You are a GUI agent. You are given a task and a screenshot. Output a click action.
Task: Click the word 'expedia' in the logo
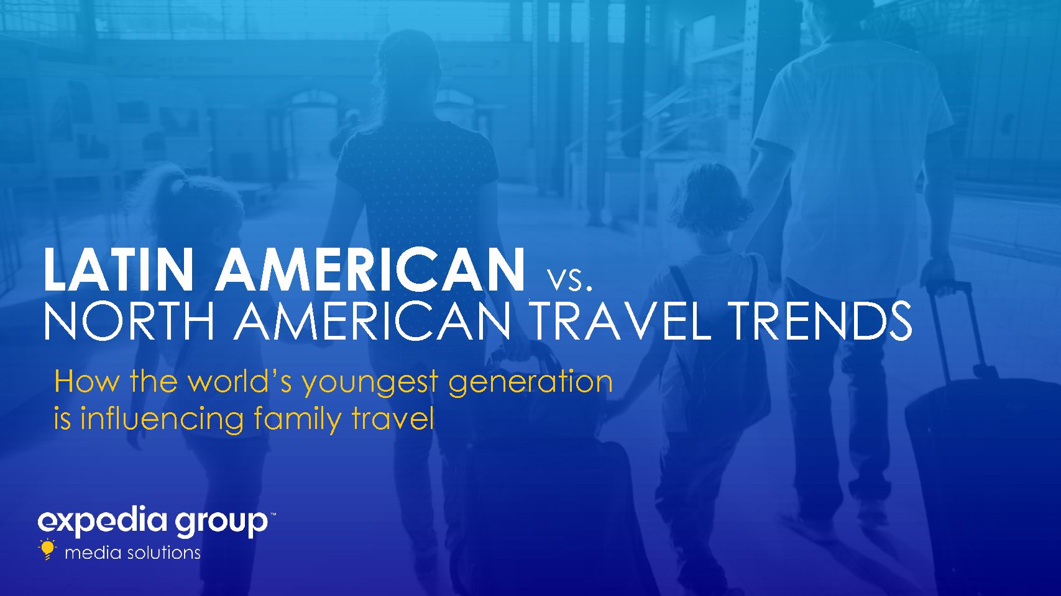click(103, 522)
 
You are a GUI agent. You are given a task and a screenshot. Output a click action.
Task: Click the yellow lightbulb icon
click(47, 549)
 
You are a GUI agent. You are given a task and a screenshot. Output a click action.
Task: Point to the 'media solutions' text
click(132, 553)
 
